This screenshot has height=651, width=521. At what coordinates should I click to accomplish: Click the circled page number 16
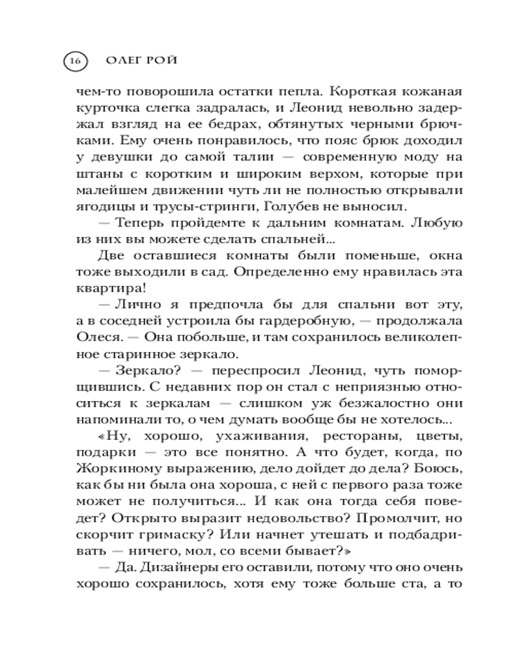(74, 61)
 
